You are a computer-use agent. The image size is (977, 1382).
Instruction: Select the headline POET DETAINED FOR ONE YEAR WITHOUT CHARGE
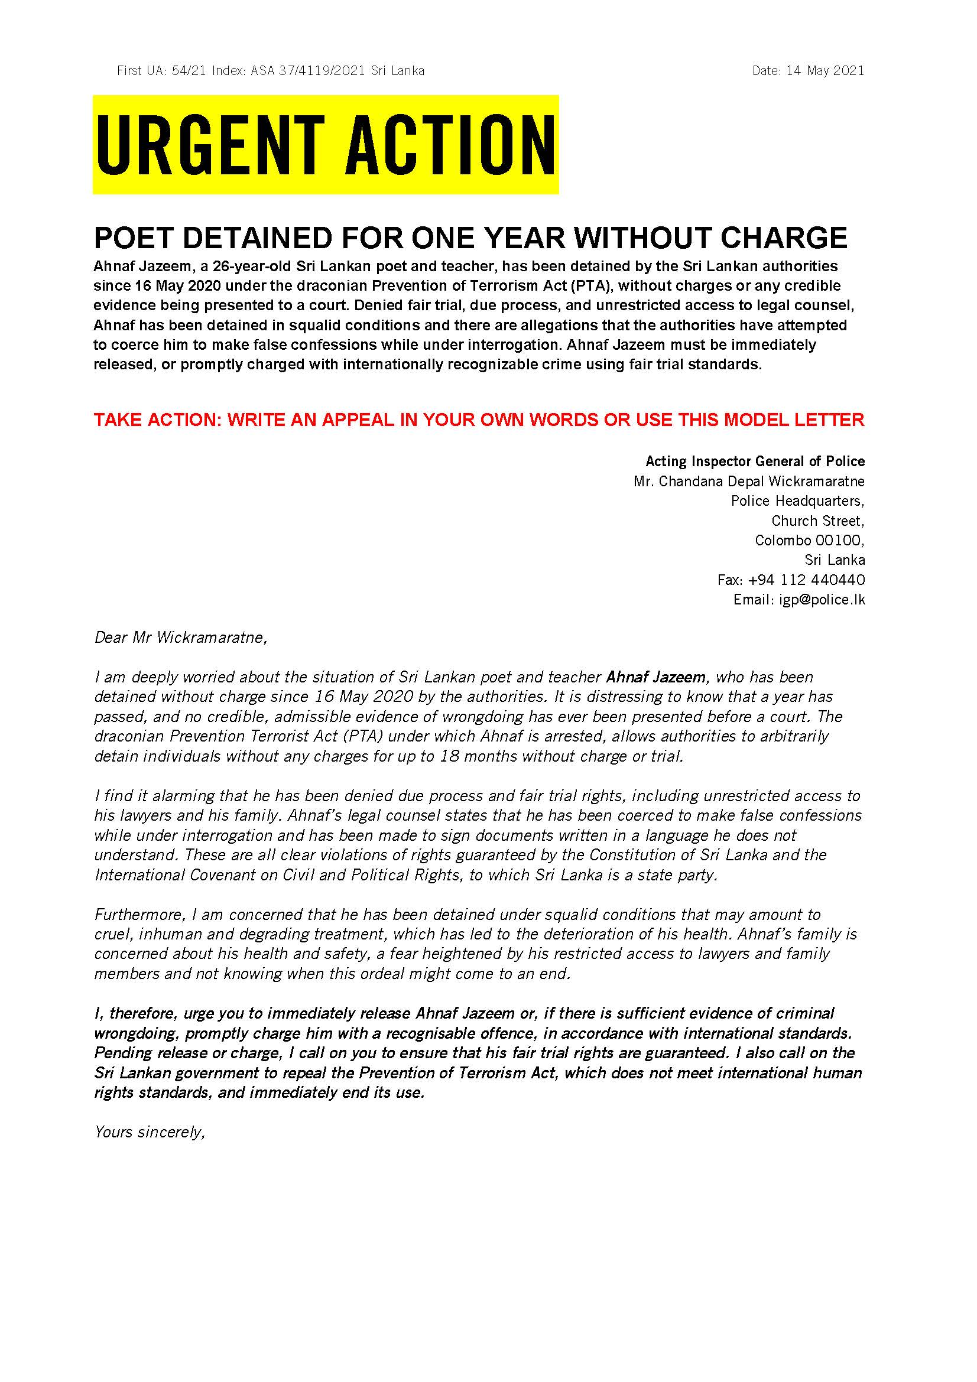(x=470, y=238)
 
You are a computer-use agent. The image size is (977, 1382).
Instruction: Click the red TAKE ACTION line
(x=479, y=420)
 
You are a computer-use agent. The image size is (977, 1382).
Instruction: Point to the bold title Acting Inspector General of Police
(x=755, y=461)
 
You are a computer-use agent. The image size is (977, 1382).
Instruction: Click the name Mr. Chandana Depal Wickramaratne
(x=749, y=482)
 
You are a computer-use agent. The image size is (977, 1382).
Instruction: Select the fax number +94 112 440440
(x=806, y=580)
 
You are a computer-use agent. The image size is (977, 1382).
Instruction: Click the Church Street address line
(x=818, y=521)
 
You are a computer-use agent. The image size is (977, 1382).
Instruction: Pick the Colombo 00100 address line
(x=810, y=541)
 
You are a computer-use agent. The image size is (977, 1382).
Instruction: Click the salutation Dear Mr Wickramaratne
(x=181, y=638)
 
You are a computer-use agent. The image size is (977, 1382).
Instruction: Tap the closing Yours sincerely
(x=151, y=1132)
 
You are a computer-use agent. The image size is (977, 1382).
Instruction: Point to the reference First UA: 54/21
(x=162, y=71)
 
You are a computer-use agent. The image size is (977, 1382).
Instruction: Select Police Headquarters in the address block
(x=797, y=502)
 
